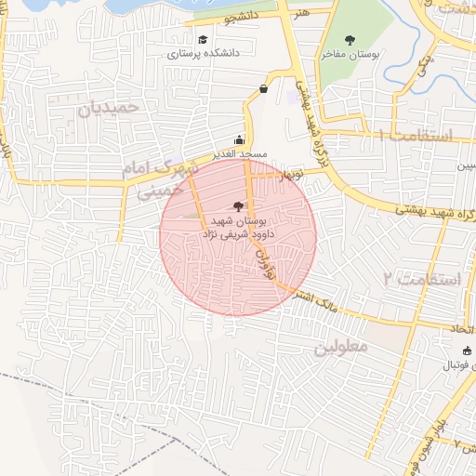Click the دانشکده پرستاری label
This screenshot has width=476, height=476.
(203, 54)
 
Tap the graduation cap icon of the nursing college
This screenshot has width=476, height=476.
(203, 40)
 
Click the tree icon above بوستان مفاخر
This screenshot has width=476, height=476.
(350, 40)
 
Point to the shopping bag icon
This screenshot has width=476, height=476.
(264, 89)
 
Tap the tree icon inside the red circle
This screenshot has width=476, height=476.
(239, 206)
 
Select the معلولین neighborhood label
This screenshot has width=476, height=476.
(341, 346)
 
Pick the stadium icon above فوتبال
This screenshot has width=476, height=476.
(467, 350)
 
